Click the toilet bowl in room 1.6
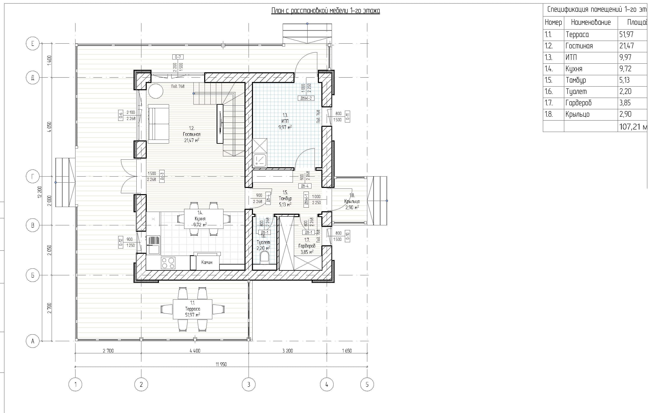(x=264, y=257)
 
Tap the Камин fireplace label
(x=207, y=262)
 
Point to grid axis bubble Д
(x=33, y=78)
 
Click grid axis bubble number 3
(x=249, y=384)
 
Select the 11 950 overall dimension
(x=221, y=364)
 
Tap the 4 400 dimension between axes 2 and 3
(x=195, y=351)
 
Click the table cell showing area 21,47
(x=627, y=46)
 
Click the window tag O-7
(x=178, y=57)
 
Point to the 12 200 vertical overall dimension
(x=40, y=192)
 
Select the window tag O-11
(x=348, y=116)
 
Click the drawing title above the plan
(x=325, y=11)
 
